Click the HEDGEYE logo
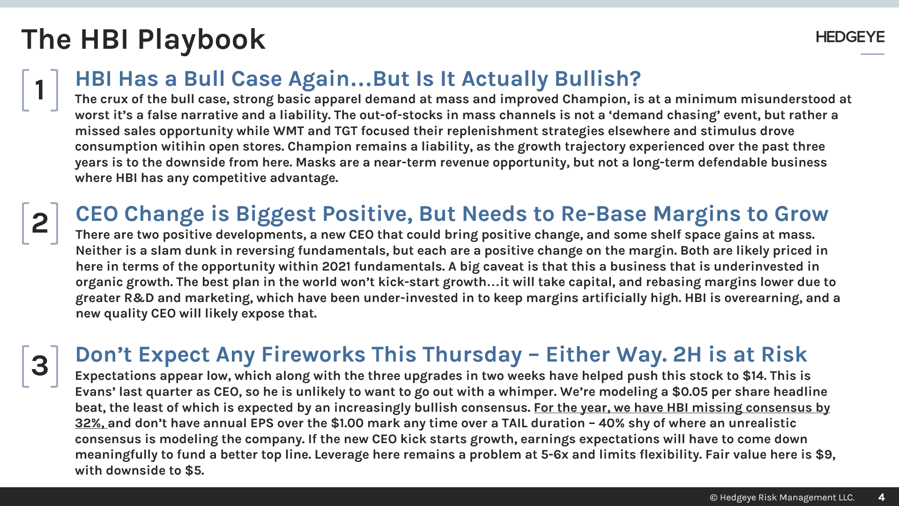850,37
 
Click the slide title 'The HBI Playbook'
143,39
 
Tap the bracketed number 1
40,90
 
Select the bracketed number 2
40,223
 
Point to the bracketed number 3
40,366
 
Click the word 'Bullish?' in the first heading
598,79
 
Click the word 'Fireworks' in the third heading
313,355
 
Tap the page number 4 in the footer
881,497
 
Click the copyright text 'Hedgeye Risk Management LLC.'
787,497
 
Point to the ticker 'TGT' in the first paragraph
346,131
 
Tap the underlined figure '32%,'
90,423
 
